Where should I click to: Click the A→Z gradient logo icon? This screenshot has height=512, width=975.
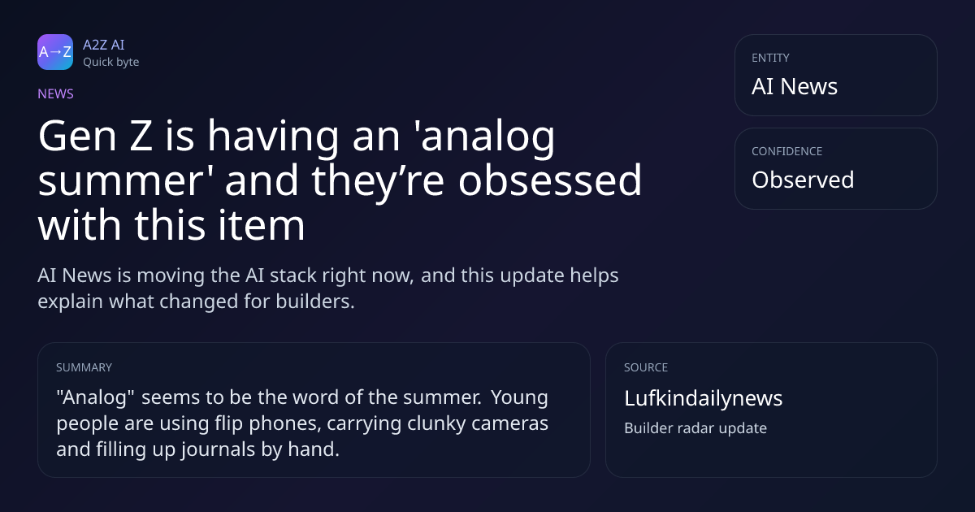55,52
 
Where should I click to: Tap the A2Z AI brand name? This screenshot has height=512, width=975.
104,45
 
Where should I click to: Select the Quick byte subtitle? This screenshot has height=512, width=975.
111,63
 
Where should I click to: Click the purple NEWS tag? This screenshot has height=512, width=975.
56,94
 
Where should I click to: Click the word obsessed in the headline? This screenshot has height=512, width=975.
550,180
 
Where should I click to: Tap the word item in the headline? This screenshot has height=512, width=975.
261,224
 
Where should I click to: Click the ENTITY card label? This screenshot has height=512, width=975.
770,58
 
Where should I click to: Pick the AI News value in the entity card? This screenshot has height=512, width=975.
795,86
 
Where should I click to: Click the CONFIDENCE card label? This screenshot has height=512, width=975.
787,151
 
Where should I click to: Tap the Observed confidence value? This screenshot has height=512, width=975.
803,180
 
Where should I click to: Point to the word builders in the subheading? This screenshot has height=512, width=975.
315,302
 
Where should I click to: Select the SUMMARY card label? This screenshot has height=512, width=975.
84,367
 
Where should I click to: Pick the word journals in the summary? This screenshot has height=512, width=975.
218,449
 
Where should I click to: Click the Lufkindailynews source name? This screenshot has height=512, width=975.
704,398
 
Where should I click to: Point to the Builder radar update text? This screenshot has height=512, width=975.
695,428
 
